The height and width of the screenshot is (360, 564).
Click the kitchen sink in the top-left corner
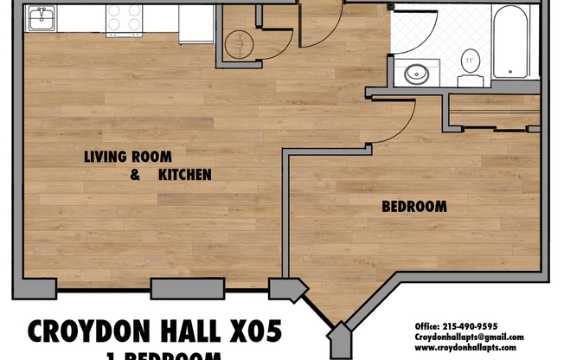point(40,17)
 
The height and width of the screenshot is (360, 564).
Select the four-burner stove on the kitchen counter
point(125,19)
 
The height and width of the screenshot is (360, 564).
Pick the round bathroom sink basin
point(417,74)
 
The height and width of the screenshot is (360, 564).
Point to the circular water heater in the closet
point(240,42)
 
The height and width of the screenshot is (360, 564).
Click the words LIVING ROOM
point(127,157)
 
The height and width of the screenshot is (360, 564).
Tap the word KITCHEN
point(185,175)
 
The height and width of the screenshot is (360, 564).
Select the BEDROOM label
point(414,207)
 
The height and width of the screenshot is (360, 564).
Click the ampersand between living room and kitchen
point(135,175)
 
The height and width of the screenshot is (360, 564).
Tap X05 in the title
point(252,332)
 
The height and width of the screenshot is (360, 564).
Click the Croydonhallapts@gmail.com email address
point(469,337)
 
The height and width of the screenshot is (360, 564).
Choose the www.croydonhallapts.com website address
point(469,347)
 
